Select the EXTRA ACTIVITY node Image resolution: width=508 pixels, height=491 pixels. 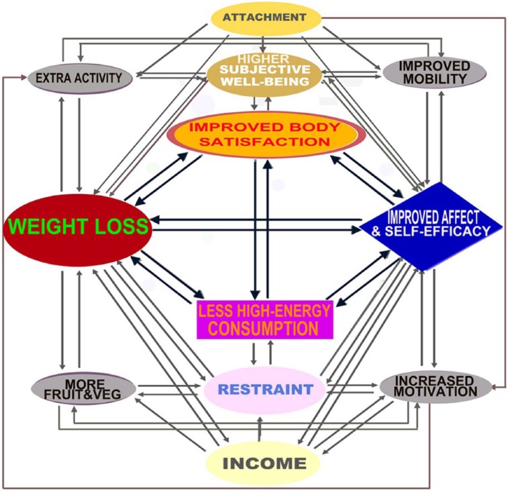[x=79, y=78]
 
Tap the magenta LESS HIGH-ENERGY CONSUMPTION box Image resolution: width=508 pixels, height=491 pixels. [x=264, y=318]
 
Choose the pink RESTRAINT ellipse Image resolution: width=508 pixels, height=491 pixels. [x=266, y=389]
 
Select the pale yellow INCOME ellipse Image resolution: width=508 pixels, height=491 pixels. [x=264, y=463]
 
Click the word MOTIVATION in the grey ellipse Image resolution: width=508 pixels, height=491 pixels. [x=436, y=392]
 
